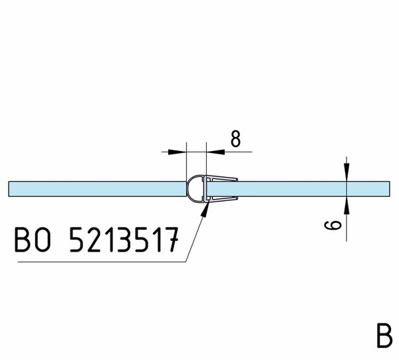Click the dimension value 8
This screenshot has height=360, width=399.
pyautogui.click(x=235, y=139)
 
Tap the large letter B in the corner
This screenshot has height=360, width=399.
pyautogui.click(x=384, y=335)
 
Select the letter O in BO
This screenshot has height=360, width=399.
pyautogui.click(x=43, y=240)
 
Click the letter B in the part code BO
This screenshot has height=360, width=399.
pyautogui.click(x=23, y=240)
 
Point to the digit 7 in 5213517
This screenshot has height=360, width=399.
pyautogui.click(x=170, y=240)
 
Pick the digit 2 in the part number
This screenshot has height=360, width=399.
pyautogui.click(x=95, y=240)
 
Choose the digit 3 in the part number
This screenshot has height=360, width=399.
pyautogui.click(x=125, y=240)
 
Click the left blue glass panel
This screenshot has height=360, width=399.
pyautogui.click(x=98, y=189)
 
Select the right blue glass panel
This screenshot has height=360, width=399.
pyautogui.click(x=298, y=189)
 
